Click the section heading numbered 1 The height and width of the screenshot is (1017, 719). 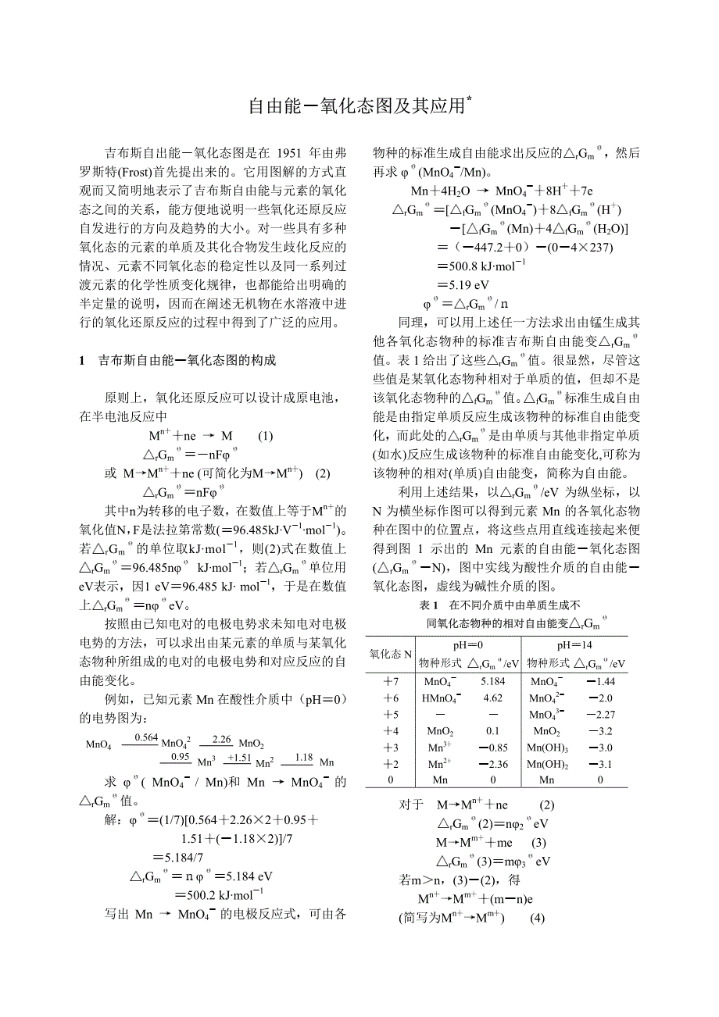point(177,360)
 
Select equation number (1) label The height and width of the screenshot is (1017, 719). point(266,436)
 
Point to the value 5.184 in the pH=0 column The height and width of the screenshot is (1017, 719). point(492,682)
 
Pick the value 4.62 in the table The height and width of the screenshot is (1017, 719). point(492,698)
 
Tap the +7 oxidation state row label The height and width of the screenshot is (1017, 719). point(391,682)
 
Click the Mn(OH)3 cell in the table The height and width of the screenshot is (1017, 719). point(547,748)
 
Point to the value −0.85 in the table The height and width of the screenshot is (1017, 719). point(492,748)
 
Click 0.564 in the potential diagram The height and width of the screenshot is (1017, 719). point(146,737)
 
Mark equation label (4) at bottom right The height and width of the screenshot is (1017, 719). point(536,918)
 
